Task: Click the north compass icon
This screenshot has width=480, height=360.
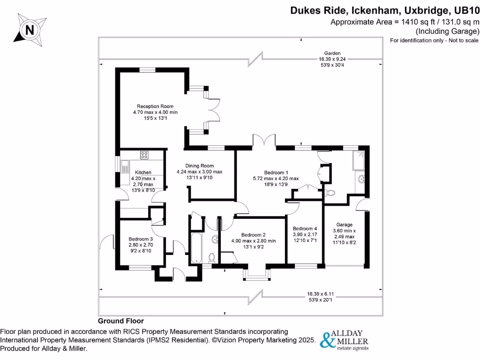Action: tap(30, 30)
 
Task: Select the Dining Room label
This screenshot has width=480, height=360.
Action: tap(199, 166)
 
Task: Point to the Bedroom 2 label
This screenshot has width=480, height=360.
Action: tap(254, 235)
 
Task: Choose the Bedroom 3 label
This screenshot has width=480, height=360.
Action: tap(141, 238)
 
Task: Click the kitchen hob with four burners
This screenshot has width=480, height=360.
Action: tap(144, 155)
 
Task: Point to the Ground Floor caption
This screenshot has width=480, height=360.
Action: tap(120, 321)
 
